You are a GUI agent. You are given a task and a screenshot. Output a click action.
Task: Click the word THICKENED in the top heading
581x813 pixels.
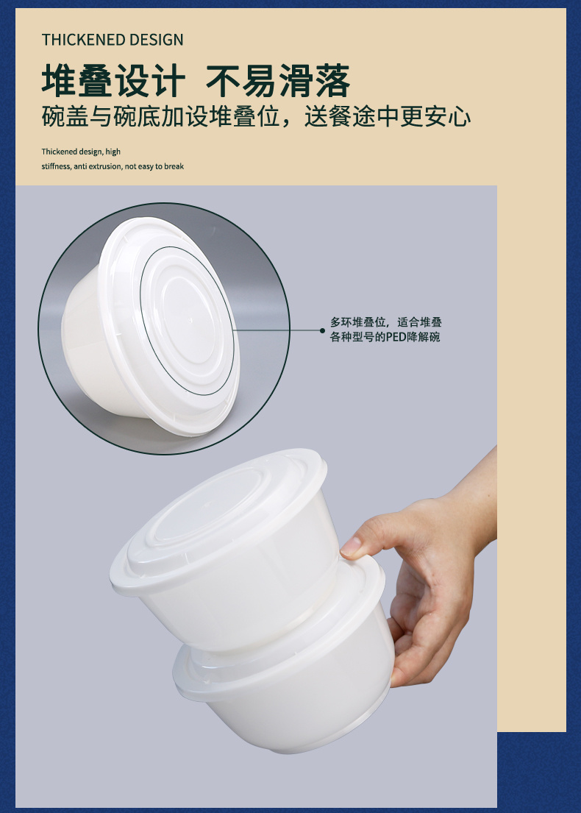tap(83, 40)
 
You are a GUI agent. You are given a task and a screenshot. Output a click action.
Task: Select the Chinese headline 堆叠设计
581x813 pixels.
tap(113, 81)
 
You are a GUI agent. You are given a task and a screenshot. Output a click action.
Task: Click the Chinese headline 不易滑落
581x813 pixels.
tap(278, 81)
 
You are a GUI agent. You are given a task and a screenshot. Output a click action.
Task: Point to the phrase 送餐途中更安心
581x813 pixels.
tap(388, 117)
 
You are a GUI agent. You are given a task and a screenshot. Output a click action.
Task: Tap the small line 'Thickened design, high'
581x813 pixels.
tap(81, 152)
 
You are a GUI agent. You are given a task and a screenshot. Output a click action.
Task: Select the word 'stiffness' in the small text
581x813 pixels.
tap(55, 166)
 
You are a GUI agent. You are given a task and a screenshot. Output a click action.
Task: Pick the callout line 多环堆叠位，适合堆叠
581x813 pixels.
tap(385, 322)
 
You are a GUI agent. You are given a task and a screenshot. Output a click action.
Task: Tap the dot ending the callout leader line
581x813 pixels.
tap(322, 330)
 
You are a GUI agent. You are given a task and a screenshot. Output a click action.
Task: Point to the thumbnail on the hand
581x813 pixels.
tap(351, 546)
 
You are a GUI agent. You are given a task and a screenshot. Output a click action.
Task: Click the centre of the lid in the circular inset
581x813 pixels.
tap(187, 319)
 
